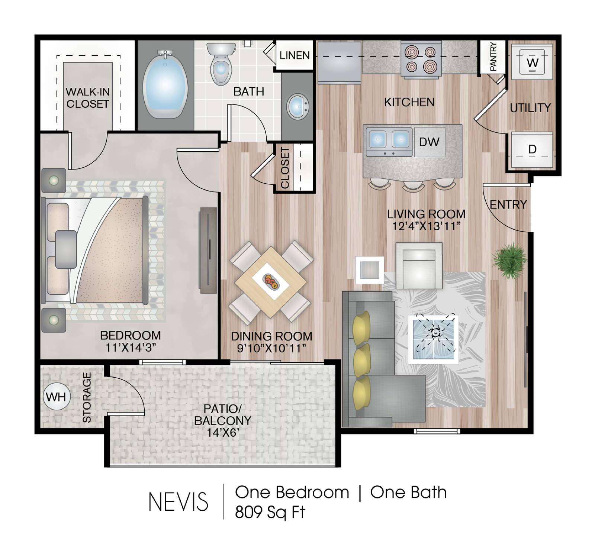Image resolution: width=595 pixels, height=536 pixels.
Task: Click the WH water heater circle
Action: [56, 397]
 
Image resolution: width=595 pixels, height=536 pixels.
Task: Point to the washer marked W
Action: [532, 62]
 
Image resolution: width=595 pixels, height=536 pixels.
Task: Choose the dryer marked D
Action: [532, 150]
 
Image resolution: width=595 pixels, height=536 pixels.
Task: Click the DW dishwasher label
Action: [429, 142]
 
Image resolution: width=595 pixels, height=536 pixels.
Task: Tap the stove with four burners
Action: [421, 60]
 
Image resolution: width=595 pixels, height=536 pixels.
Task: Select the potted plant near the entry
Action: [509, 260]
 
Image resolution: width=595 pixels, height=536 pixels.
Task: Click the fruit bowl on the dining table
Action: [270, 281]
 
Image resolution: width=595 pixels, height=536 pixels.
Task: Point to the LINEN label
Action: [295, 55]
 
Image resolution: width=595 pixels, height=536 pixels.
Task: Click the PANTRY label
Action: [493, 56]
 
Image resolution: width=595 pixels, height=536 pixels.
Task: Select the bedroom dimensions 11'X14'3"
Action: [130, 348]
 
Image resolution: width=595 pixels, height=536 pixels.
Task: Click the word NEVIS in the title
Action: [178, 502]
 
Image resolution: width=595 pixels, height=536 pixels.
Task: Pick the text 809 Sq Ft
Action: [270, 512]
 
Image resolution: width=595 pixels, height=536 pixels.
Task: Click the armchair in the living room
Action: [419, 265]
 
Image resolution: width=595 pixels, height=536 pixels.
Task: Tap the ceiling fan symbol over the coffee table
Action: [435, 333]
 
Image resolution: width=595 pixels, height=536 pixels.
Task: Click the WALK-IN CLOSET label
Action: [87, 98]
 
